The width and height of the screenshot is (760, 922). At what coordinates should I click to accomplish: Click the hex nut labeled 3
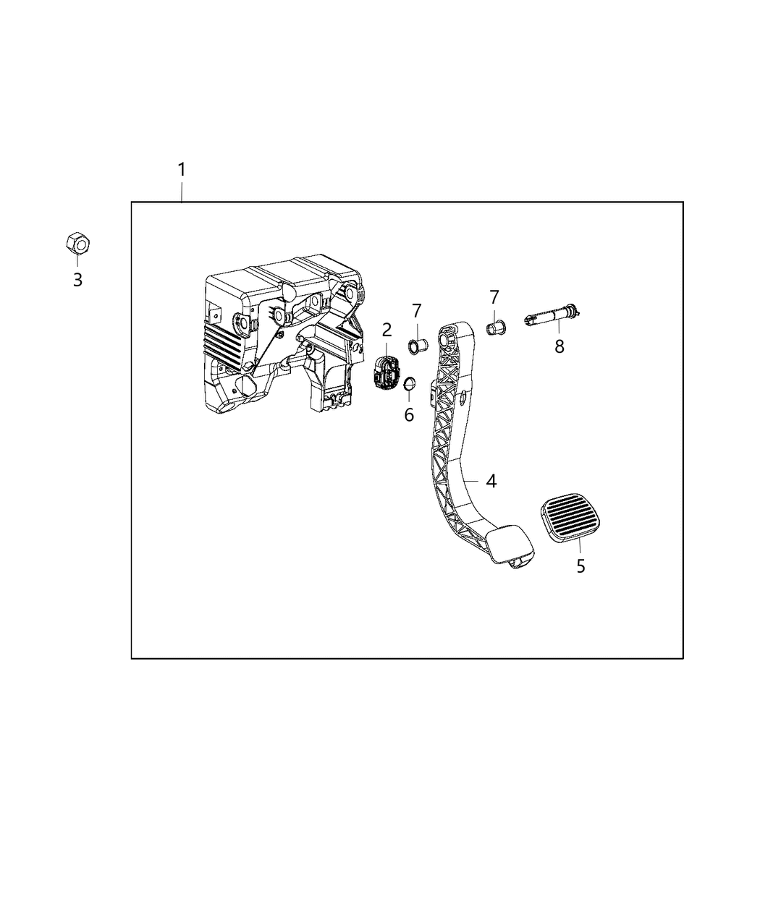point(77,244)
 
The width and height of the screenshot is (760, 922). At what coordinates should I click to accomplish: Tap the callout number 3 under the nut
point(77,281)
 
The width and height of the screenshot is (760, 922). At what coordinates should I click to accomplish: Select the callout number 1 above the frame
point(182,170)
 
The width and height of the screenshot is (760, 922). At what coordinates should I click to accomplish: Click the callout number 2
point(387,330)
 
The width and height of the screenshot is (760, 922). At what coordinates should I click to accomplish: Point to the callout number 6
point(409,415)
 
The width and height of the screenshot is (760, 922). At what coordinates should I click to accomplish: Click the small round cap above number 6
point(408,383)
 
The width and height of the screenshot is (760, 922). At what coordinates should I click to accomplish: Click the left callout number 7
point(417,312)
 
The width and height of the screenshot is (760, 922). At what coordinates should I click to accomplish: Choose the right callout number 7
point(494,297)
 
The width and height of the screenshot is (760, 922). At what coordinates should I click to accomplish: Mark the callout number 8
point(559,347)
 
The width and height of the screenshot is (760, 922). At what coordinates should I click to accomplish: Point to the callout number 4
point(491,481)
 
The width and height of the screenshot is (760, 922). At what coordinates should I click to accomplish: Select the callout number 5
point(580,566)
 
